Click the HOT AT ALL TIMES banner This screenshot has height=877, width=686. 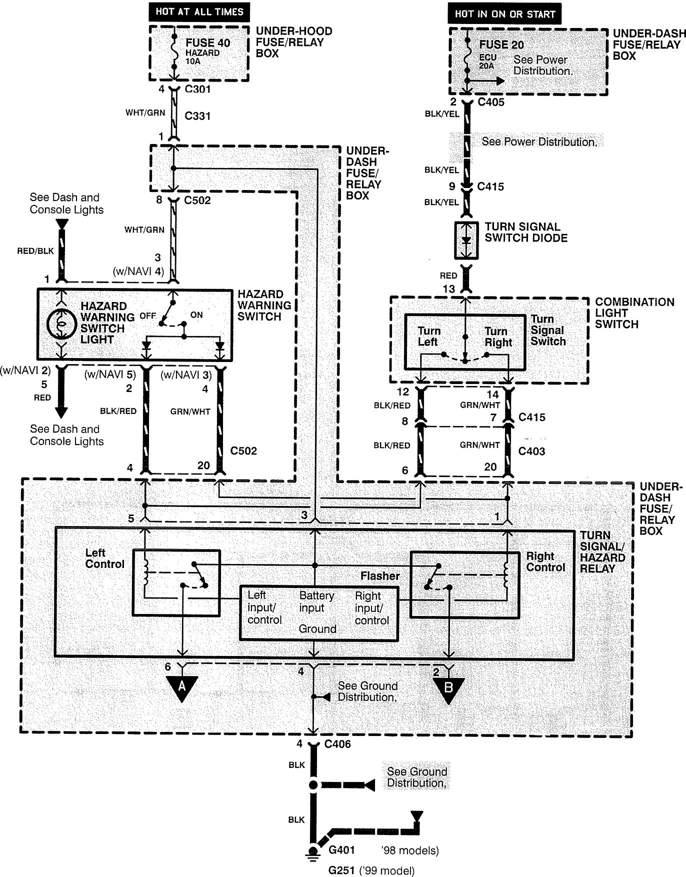[x=198, y=11]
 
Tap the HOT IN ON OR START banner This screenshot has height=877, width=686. [x=504, y=14]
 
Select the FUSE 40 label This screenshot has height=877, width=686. [x=207, y=43]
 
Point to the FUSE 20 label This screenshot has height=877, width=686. [x=501, y=44]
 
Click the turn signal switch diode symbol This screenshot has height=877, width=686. [x=466, y=240]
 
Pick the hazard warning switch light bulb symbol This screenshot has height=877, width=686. [x=61, y=324]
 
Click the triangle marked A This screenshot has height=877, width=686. [x=182, y=686]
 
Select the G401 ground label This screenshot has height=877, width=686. [x=341, y=849]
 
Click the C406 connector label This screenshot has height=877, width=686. [x=337, y=744]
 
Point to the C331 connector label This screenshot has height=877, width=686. [x=197, y=116]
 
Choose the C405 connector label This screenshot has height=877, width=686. [x=490, y=102]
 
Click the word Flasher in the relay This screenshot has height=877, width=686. [x=380, y=576]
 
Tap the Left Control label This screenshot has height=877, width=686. [x=104, y=558]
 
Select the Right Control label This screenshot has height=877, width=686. [x=545, y=561]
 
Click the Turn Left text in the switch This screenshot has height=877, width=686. [x=428, y=336]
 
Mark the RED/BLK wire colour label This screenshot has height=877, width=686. [x=35, y=251]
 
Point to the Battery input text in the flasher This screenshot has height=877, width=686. [x=316, y=601]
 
